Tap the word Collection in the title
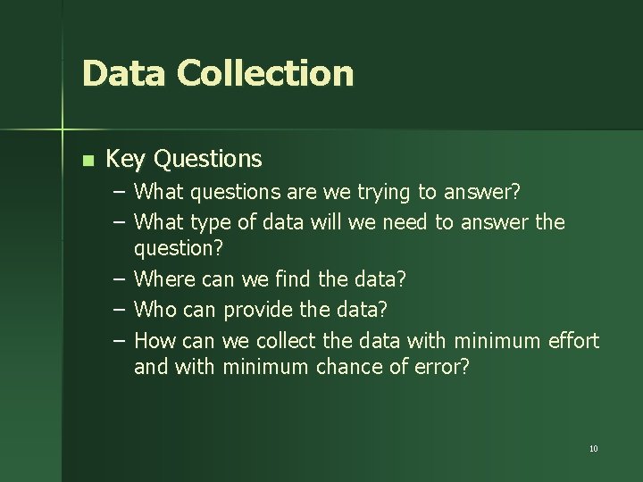(x=265, y=73)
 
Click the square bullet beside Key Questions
(x=87, y=161)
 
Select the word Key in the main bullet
(x=125, y=160)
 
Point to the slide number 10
(x=593, y=448)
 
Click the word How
(x=154, y=340)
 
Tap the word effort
(x=572, y=340)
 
